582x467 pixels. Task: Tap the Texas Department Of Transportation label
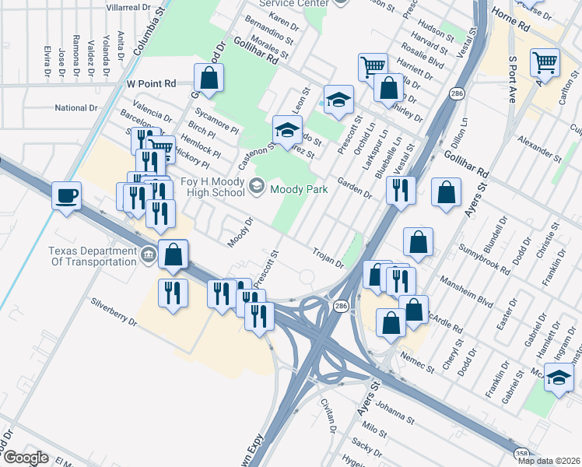[x=93, y=256]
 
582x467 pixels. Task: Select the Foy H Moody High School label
[x=202, y=187]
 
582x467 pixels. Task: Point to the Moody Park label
[x=300, y=188]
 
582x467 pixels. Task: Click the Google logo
[x=26, y=458]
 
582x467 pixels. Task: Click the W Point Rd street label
[x=152, y=83]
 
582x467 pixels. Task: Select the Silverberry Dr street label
[x=114, y=311]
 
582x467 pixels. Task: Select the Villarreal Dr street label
[x=128, y=6]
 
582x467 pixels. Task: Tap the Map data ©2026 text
[x=548, y=461]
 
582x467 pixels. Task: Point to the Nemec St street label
[x=418, y=361]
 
